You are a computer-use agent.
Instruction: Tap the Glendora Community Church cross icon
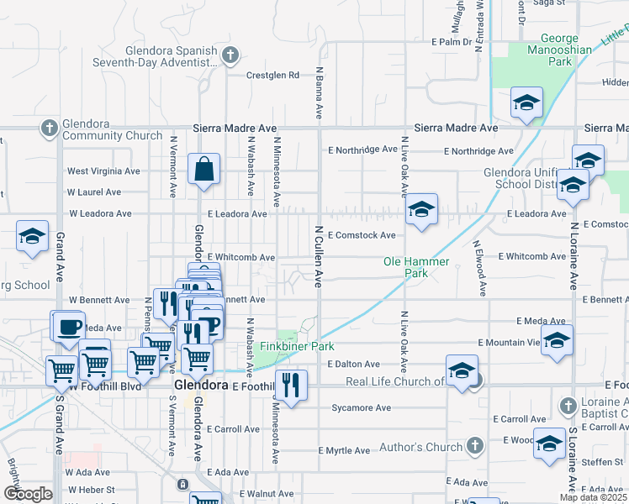(x=49, y=129)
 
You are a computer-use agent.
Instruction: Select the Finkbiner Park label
(x=297, y=346)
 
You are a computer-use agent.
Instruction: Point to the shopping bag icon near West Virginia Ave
(x=203, y=169)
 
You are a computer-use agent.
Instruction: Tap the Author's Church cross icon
(x=474, y=445)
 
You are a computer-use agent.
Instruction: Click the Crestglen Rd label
(x=272, y=75)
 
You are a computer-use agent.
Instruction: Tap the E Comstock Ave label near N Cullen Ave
(x=362, y=235)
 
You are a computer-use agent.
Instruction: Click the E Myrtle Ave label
(x=344, y=450)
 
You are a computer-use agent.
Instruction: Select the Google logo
(x=28, y=494)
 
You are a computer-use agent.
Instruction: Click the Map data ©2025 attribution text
(x=594, y=497)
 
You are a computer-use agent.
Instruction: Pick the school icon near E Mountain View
(x=557, y=340)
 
